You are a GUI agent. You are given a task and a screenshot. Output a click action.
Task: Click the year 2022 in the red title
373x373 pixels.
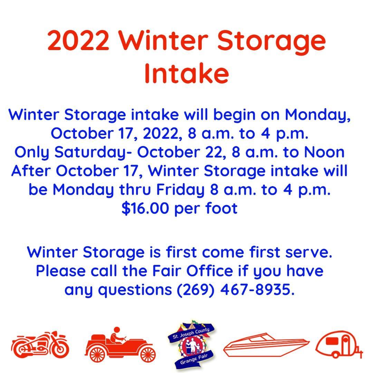(x=78, y=40)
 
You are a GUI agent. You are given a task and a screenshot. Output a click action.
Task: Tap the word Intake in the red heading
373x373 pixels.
(x=186, y=73)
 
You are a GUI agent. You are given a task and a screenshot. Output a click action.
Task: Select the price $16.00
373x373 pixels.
(x=145, y=208)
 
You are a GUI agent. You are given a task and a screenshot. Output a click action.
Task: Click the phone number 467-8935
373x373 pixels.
(x=257, y=289)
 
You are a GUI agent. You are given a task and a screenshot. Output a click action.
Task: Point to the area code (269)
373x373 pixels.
(x=195, y=290)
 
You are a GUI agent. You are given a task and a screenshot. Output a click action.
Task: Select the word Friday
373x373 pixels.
(x=180, y=190)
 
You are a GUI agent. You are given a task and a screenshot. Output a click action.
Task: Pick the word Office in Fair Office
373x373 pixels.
(x=210, y=271)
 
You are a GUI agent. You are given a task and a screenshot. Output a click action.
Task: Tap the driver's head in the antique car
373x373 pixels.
(x=117, y=330)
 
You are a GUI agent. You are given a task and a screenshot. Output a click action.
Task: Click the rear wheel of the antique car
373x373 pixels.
(x=97, y=354)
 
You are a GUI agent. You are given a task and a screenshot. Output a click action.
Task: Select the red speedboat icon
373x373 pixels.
(x=266, y=345)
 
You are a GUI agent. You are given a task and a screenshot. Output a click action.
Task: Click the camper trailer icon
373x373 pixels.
(x=339, y=344)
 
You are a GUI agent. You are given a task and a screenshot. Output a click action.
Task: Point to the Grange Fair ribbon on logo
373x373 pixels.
(x=194, y=359)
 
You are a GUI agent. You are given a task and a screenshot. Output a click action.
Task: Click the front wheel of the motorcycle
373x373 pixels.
(x=60, y=349)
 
